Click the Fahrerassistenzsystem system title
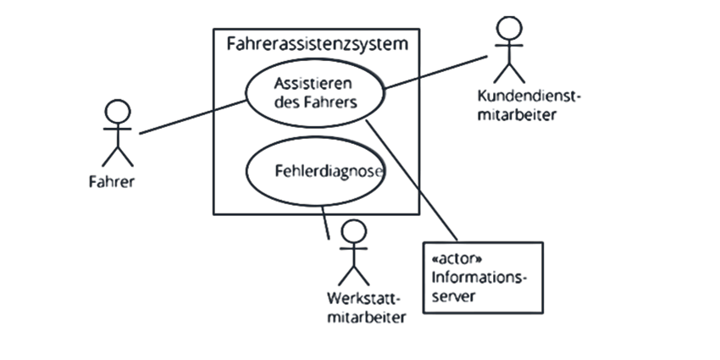pos(318,45)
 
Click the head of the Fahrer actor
pos(118,112)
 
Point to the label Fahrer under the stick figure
pos(112,182)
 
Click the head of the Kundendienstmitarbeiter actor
pos(510,28)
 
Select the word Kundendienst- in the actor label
pos(529,97)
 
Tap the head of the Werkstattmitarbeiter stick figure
pos(354,231)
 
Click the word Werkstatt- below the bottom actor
pos(364,298)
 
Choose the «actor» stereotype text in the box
pos(457,258)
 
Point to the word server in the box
pos(454,296)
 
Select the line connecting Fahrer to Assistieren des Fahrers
pos(193,117)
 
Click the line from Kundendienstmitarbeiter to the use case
pos(435,73)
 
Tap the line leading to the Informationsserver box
pos(412,180)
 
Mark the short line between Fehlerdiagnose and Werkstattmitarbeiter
pos(325,222)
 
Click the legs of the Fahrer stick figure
pos(118,157)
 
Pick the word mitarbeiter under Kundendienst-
pos(517,114)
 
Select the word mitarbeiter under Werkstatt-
pos(367,317)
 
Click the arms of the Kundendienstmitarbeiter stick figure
pos(509,46)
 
